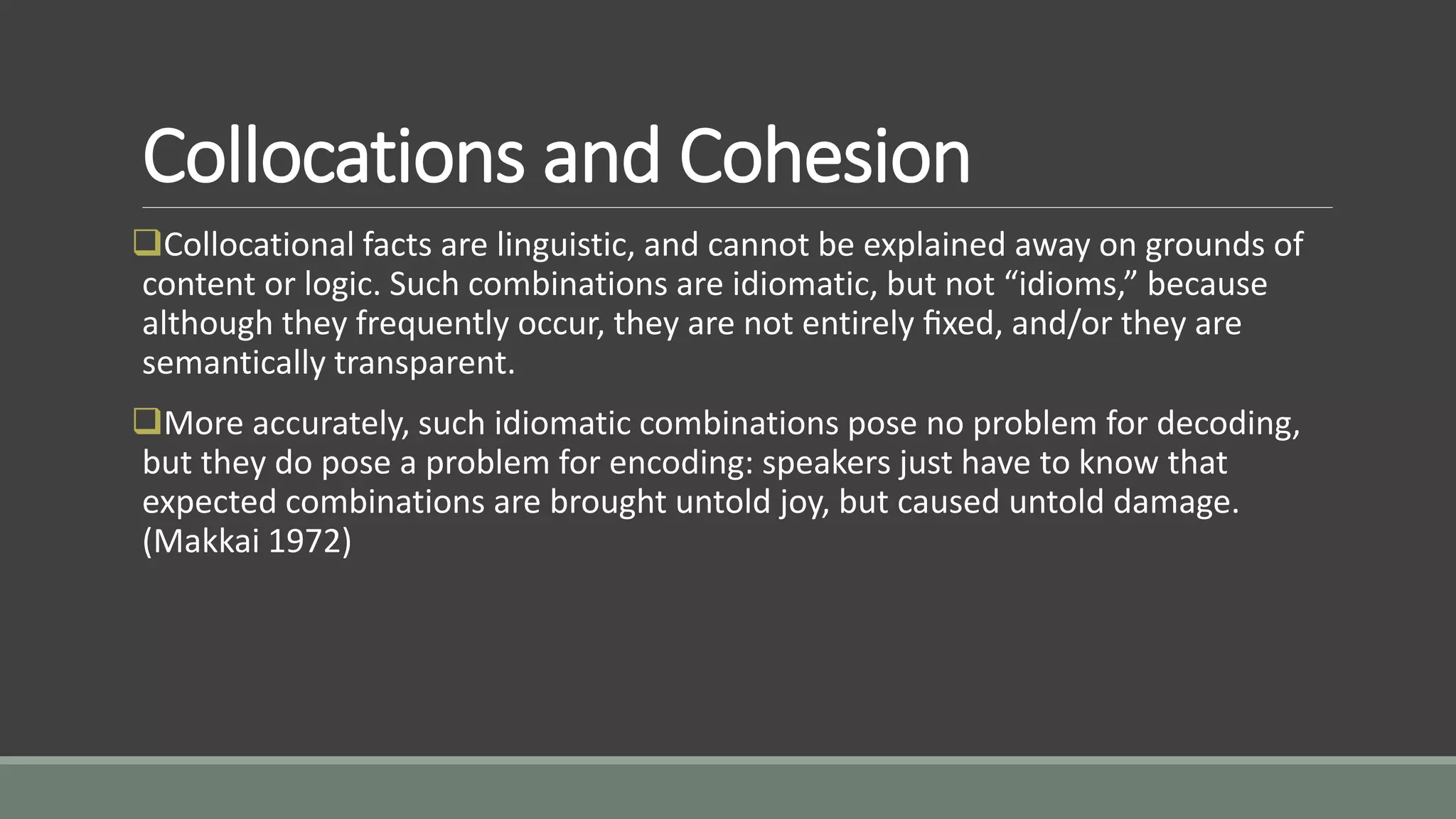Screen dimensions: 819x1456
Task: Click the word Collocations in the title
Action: (333, 156)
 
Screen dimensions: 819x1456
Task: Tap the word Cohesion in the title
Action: (825, 156)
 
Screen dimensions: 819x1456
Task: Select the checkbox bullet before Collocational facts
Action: (147, 242)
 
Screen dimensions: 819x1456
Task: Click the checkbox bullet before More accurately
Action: (147, 421)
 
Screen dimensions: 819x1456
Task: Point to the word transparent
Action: (424, 363)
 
